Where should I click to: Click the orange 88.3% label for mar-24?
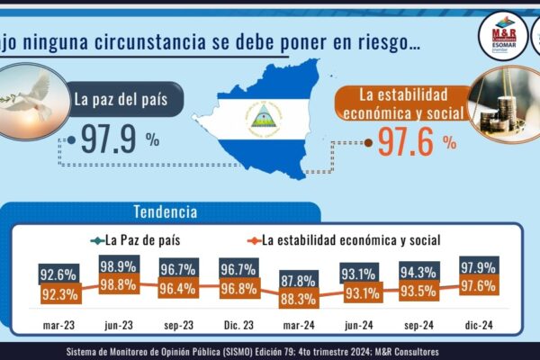[x=300, y=296]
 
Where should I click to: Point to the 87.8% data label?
[x=300, y=279]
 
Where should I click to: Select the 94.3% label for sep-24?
[x=419, y=272]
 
